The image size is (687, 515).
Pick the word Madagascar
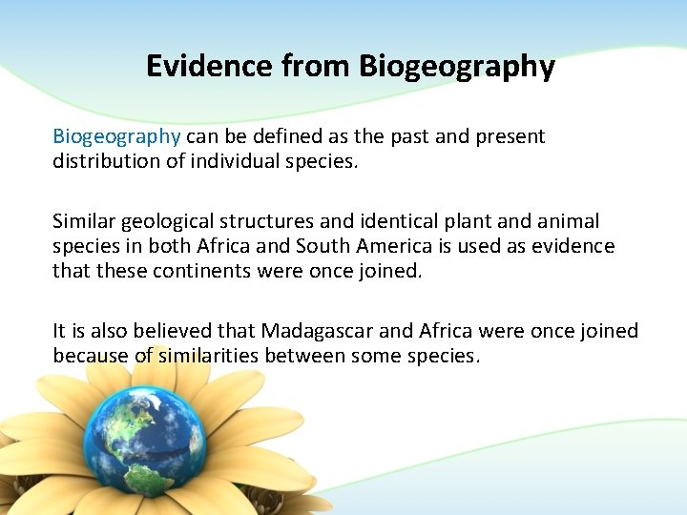(x=331, y=331)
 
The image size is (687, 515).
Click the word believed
(x=174, y=331)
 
